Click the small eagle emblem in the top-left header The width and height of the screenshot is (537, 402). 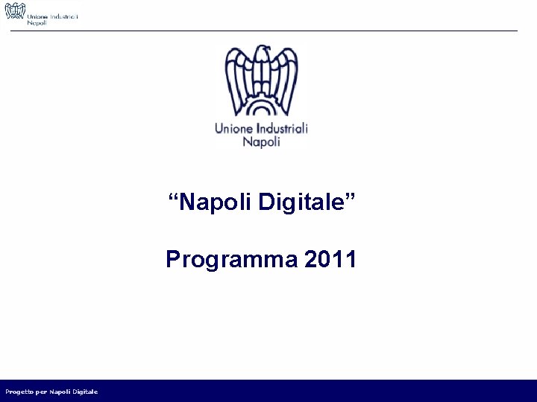(15, 13)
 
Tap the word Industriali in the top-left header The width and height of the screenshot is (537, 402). (63, 15)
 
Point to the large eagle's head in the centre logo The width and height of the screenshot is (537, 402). (263, 54)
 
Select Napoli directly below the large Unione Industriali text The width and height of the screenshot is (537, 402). (261, 141)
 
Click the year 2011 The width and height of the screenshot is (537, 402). (330, 260)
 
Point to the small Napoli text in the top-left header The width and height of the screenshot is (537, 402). (37, 23)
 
